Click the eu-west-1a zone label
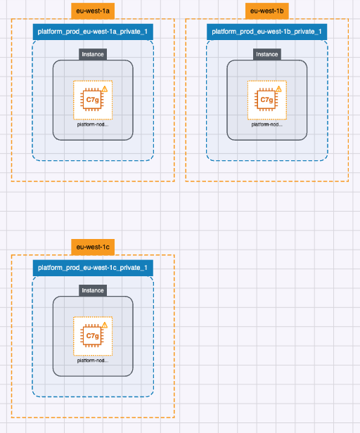[x=93, y=11]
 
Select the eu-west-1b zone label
[x=266, y=11]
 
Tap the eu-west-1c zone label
[x=93, y=247]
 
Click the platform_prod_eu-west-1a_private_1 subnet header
[x=92, y=32]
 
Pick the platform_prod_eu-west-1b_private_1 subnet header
[x=266, y=32]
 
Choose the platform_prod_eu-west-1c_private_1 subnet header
[x=92, y=268]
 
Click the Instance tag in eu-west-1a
[x=93, y=54]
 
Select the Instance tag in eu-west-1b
[x=267, y=54]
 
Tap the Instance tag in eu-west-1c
[x=93, y=290]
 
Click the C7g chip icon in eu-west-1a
[x=92, y=100]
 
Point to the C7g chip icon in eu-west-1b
[x=266, y=100]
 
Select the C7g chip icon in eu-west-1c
[x=92, y=336]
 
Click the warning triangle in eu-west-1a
[x=104, y=89]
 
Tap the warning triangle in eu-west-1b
[x=278, y=89]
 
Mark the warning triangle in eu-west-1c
[x=104, y=325]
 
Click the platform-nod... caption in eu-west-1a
[x=93, y=124]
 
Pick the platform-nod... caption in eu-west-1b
[x=267, y=124]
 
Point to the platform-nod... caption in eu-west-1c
[x=93, y=361]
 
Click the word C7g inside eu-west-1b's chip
[x=266, y=100]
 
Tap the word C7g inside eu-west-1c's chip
[x=92, y=336]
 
